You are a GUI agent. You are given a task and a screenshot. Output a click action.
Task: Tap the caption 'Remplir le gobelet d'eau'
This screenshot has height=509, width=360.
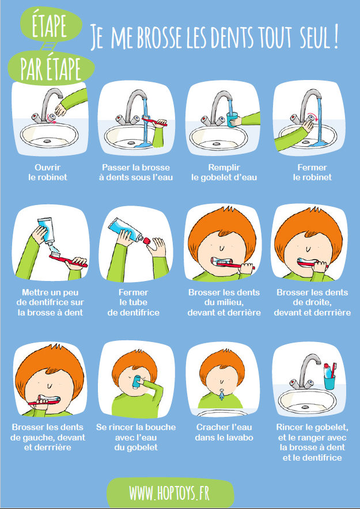[224, 172]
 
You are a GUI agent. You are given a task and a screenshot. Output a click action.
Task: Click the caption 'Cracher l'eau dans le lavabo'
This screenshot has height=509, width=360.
[224, 432]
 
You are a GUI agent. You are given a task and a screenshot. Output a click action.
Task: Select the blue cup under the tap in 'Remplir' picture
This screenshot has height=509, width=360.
[232, 120]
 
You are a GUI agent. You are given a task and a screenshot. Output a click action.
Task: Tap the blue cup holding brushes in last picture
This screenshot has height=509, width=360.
[329, 382]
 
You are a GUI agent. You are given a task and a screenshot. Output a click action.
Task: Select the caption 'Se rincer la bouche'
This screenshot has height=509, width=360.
[136, 437]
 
